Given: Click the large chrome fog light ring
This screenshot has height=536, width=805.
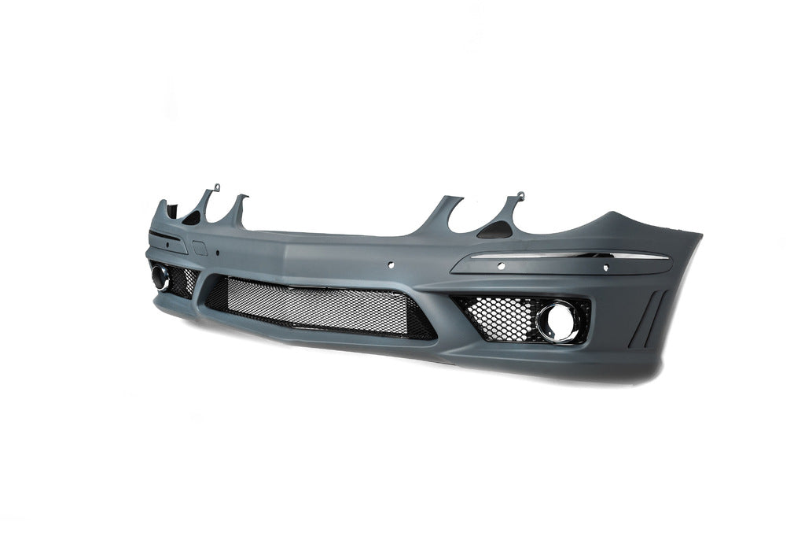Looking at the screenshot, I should click(559, 321).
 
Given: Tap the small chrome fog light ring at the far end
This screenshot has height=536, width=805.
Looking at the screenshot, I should click(161, 276).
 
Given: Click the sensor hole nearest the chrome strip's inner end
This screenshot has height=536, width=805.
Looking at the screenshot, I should click(500, 266).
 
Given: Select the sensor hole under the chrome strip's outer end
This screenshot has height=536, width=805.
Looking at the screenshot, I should click(605, 268).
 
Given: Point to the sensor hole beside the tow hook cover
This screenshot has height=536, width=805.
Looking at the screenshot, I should click(217, 253).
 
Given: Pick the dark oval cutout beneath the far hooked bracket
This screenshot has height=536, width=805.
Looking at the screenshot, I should click(193, 220).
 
